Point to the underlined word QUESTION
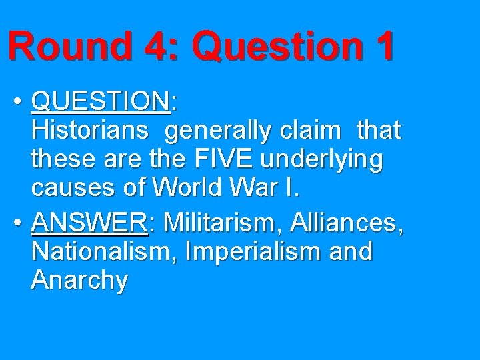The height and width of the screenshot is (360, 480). click(x=101, y=102)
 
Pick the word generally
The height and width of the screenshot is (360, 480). click(x=216, y=131)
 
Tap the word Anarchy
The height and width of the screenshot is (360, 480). click(x=79, y=281)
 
